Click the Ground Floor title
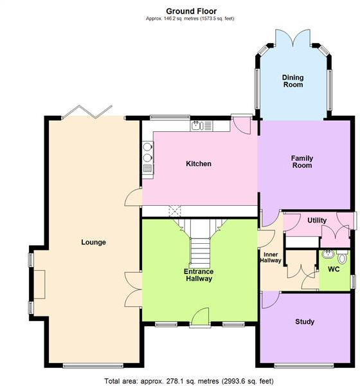191,11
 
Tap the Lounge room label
93,243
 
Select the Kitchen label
199,164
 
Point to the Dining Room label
292,82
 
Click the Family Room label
301,161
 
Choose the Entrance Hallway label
199,275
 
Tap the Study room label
305,322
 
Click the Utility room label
317,221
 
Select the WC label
334,270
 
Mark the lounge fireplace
40,284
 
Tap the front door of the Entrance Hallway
200,317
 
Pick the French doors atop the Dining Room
292,37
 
